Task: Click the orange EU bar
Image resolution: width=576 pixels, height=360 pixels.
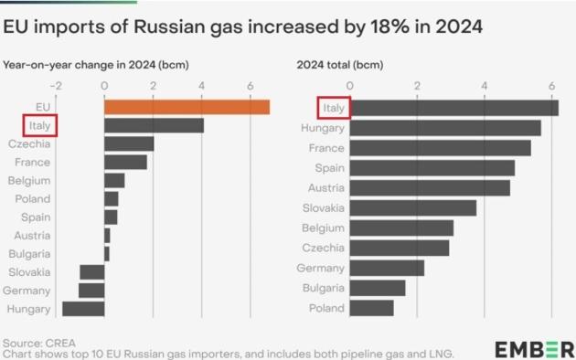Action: (x=187, y=107)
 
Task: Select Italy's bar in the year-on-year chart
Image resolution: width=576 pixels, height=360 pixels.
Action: (x=154, y=125)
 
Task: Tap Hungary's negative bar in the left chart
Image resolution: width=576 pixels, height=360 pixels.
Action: (x=82, y=309)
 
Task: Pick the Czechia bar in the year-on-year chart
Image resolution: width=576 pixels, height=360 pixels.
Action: (x=129, y=143)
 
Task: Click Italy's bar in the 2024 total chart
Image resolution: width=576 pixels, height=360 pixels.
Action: (x=453, y=108)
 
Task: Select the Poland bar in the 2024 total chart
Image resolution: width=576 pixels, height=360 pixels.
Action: (x=371, y=308)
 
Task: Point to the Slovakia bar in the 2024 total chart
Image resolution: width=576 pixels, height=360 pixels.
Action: (x=412, y=207)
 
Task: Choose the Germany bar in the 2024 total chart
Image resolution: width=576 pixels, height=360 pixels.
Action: (x=387, y=268)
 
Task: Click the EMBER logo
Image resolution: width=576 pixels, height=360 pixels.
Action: (x=535, y=349)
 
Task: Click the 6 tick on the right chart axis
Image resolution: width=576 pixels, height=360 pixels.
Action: (x=551, y=86)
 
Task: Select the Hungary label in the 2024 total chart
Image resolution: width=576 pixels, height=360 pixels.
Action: (x=322, y=128)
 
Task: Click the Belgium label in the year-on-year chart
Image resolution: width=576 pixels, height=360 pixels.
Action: (x=28, y=180)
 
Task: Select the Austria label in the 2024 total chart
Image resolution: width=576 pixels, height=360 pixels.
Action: (x=325, y=187)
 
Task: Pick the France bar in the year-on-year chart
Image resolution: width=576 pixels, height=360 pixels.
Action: (x=125, y=162)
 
